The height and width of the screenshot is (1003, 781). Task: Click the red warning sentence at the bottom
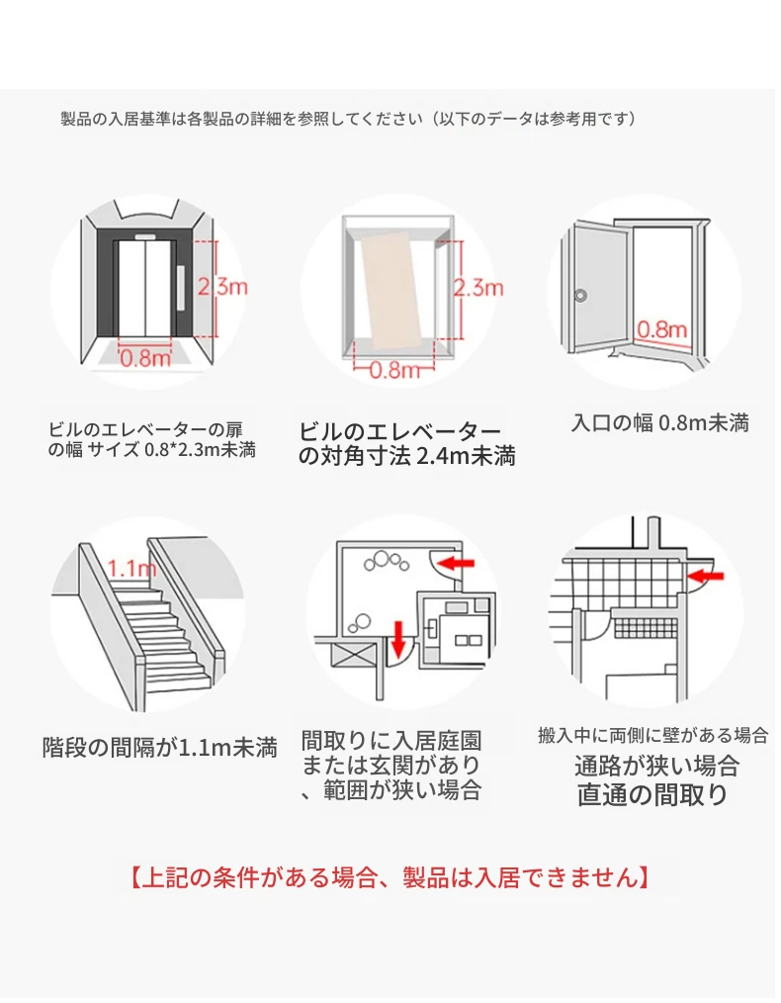390,876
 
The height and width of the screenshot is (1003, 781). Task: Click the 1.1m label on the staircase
131,569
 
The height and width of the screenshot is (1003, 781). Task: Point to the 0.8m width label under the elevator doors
146,358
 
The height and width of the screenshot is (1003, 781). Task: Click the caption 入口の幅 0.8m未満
660,424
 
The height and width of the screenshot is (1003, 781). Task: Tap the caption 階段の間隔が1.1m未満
159,747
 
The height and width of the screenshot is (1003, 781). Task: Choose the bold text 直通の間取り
652,794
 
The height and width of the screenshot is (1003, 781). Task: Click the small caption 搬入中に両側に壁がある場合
652,735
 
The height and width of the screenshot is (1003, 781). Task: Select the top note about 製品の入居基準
347,119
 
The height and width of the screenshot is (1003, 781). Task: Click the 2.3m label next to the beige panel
478,289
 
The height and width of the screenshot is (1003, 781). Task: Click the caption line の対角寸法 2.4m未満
406,457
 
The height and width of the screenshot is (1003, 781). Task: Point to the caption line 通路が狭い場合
656,766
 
